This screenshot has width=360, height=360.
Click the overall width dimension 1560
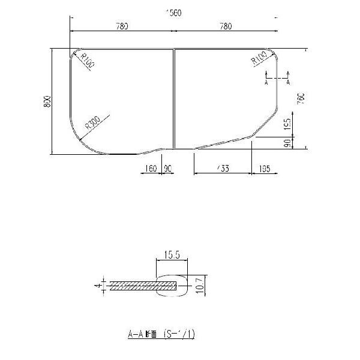[x=174, y=13]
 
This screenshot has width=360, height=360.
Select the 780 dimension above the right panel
[x=226, y=26]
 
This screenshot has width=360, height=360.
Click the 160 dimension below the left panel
[x=150, y=169]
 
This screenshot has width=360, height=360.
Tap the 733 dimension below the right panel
[x=221, y=169]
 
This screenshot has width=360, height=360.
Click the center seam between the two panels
[x=174, y=99]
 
